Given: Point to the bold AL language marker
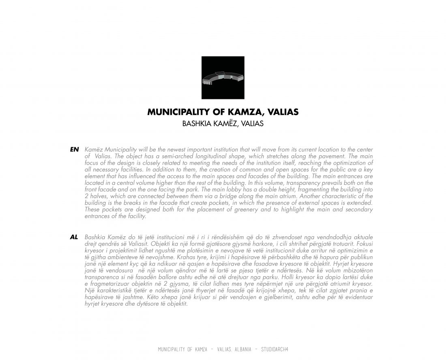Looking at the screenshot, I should point(74,237).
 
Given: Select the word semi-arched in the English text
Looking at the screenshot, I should point(156,156).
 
